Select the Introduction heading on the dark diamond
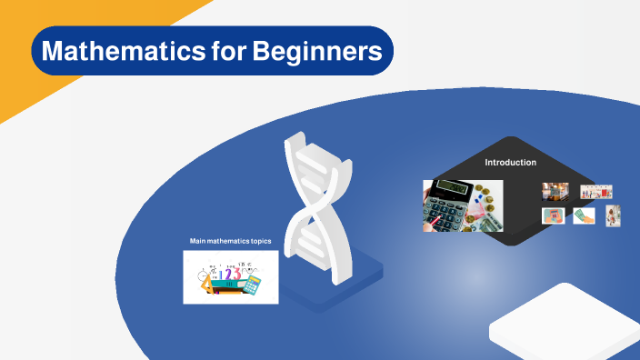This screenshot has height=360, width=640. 510,163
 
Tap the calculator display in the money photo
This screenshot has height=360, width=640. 455,187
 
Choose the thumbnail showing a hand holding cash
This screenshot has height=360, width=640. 584,216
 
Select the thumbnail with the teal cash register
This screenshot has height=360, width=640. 553,216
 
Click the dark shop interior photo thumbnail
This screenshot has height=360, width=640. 555,192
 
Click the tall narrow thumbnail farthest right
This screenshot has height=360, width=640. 614,215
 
